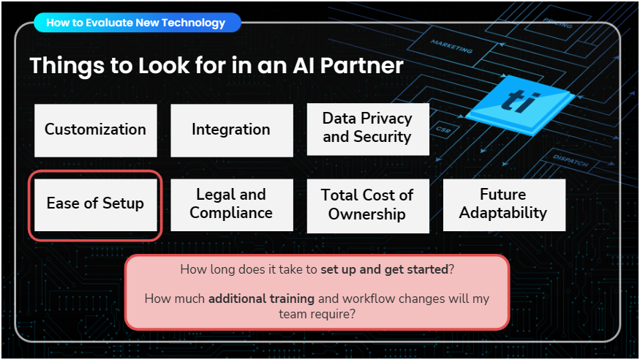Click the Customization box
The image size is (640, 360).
(95, 130)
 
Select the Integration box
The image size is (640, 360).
(231, 130)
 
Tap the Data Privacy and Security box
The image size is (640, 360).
(367, 128)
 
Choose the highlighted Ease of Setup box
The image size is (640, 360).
(95, 204)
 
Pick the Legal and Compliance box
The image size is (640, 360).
(231, 204)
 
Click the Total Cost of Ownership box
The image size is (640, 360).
(367, 205)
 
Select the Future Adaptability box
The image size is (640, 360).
(503, 204)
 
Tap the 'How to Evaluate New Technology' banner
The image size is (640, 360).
(136, 23)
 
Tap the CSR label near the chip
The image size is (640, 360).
(443, 130)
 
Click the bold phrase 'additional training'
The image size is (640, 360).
(261, 299)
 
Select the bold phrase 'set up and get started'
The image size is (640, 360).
(384, 269)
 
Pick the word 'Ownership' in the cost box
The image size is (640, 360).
(367, 214)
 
